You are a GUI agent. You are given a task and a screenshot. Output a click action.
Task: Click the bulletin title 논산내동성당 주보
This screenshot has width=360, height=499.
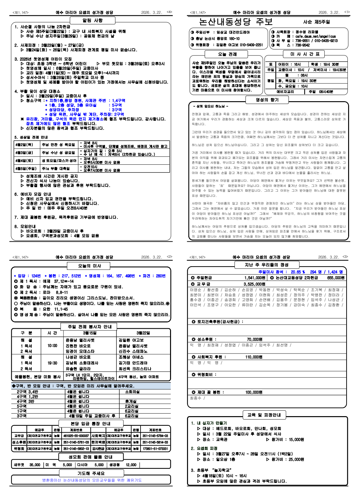click(236, 22)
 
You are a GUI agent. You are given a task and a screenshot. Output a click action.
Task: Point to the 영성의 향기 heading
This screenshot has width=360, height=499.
click(267, 100)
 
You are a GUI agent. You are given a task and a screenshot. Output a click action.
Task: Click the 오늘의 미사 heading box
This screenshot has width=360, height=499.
click(90, 266)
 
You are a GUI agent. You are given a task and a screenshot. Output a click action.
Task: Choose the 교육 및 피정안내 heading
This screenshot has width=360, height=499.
click(264, 415)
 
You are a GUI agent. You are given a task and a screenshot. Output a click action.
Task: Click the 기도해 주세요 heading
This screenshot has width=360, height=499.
click(91, 473)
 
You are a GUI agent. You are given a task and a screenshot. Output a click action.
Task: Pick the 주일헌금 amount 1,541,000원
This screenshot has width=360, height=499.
click(255, 278)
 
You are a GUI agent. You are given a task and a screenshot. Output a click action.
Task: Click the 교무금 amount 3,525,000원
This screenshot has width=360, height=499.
click(254, 284)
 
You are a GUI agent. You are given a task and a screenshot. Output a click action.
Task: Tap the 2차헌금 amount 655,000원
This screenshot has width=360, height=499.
click(336, 278)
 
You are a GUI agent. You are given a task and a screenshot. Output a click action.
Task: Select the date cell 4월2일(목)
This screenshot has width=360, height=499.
click(24, 144)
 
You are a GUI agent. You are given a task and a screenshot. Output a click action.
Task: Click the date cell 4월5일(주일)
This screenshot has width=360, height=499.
click(26, 169)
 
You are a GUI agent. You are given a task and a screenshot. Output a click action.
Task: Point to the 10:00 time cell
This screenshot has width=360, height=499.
click(52, 346)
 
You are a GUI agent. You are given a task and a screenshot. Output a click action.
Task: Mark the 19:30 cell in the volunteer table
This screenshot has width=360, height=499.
click(52, 363)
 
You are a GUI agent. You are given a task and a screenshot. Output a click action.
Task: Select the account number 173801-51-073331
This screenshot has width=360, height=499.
click(155, 449)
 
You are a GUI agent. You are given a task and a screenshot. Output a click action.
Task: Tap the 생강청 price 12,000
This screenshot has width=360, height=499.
click(131, 465)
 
